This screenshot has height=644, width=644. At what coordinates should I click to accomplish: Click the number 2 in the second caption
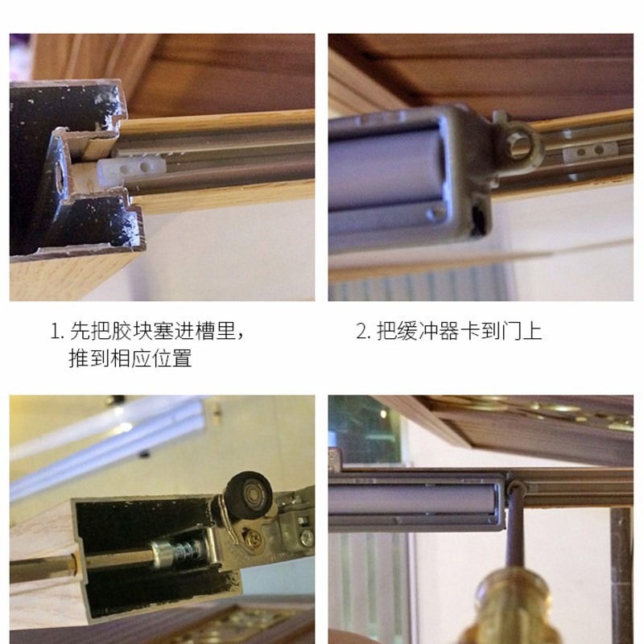click(x=361, y=332)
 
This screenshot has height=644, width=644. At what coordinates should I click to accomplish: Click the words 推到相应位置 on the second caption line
click(x=130, y=358)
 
